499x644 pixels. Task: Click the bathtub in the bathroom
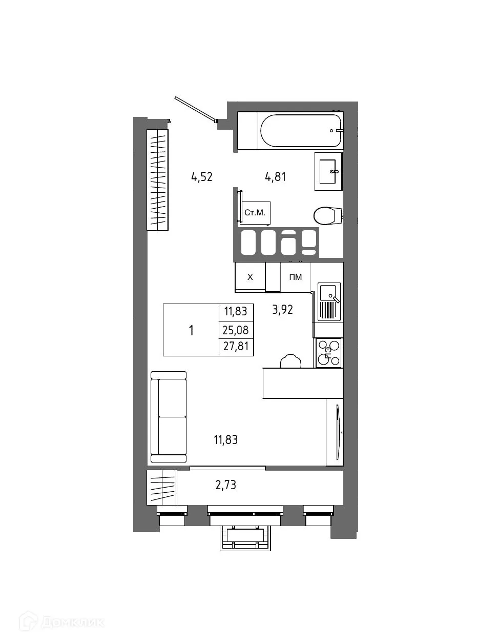coord(300,131)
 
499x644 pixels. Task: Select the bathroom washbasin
coord(328,171)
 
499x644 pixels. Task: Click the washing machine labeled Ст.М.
coord(255,212)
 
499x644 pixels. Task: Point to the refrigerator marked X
coord(250,277)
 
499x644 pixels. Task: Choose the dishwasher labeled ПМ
coord(296,277)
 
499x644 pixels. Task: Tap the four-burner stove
coord(328,353)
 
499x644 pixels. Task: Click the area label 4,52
coord(202,177)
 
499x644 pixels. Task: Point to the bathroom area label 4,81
coord(275,177)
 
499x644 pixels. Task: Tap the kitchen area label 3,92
coord(282,309)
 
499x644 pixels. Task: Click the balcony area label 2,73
coord(225,485)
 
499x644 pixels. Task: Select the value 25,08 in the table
coord(236,330)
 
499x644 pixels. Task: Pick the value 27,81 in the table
coord(236,347)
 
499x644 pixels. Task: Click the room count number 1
coord(191,330)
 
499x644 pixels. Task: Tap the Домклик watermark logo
coord(62,622)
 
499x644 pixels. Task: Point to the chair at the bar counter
coord(290,361)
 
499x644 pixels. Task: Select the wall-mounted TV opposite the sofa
coord(338,432)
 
